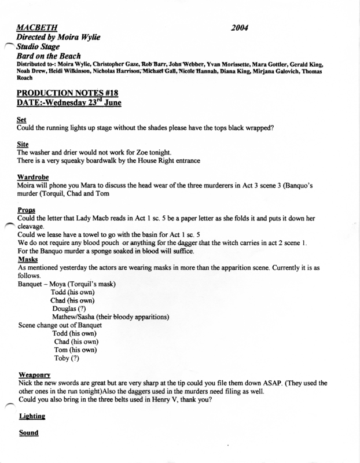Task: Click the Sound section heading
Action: tap(28, 432)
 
